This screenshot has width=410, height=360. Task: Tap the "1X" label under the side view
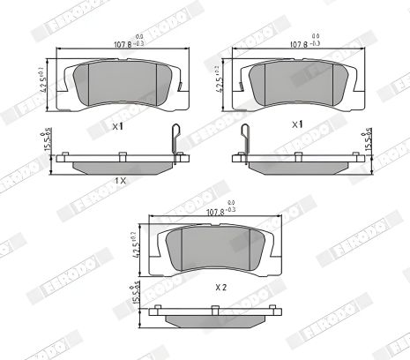point(121,180)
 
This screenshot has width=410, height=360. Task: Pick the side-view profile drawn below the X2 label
point(210,313)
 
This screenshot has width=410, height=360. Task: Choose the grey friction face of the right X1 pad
point(300,82)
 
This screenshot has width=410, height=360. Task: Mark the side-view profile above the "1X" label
point(120,163)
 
